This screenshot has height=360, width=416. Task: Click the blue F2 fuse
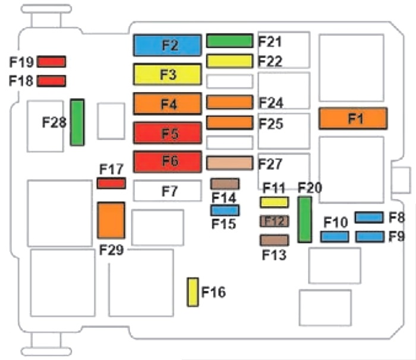(168, 45)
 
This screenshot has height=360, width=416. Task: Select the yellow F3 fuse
(168, 74)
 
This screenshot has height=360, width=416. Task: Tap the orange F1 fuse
(353, 118)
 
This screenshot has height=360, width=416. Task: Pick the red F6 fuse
(168, 162)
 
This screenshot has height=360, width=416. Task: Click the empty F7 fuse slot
(168, 191)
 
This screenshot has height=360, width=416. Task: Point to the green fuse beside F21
(230, 41)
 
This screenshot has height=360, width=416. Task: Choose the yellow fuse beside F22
(230, 61)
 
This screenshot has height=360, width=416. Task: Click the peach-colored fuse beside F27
(230, 163)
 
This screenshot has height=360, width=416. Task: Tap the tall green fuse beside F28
(77, 122)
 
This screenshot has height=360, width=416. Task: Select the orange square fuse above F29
(111, 220)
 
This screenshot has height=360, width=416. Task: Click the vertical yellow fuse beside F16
(193, 292)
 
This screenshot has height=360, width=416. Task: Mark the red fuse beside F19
(51, 62)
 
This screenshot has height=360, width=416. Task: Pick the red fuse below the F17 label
(112, 184)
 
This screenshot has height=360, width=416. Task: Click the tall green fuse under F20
(304, 219)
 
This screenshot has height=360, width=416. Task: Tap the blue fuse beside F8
(369, 217)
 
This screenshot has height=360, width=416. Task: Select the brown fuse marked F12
(275, 221)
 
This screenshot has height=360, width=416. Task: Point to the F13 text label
(275, 255)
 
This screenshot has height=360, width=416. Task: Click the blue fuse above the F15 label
(225, 210)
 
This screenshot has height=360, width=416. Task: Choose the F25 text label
(271, 124)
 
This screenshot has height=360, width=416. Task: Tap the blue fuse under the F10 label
(335, 236)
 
